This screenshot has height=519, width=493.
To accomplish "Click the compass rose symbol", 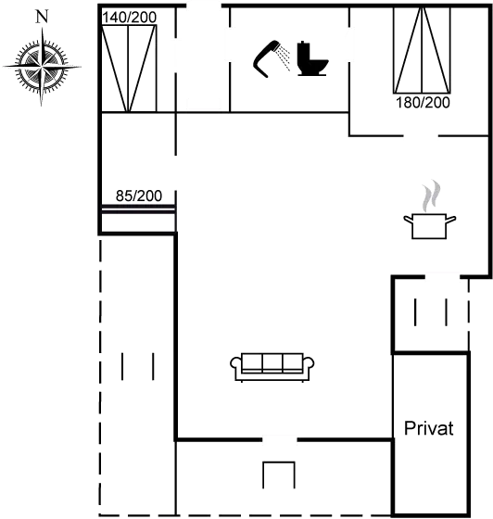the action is (42, 66).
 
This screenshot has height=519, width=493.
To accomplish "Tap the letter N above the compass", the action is (42, 17).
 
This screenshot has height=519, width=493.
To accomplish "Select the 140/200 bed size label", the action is (129, 18).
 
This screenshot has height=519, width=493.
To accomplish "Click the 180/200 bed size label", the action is (423, 103).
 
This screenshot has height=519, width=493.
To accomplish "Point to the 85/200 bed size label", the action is (139, 196).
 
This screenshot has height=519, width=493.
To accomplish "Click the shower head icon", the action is (266, 59).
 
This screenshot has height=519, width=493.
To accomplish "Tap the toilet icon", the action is (312, 58).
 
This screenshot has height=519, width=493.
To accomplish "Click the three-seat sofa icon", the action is (272, 367).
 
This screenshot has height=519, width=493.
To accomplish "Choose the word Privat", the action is (429, 428).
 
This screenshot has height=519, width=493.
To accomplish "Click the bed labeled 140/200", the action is (129, 69).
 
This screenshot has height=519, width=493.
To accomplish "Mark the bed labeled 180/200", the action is (422, 50).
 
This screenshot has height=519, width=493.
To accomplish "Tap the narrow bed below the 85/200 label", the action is (138, 209).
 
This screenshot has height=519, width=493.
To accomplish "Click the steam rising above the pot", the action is (431, 196).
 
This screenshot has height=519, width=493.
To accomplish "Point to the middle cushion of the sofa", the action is (272, 363).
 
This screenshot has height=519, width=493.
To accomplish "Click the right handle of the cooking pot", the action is (451, 219).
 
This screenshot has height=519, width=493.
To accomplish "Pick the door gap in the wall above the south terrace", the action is (280, 439).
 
